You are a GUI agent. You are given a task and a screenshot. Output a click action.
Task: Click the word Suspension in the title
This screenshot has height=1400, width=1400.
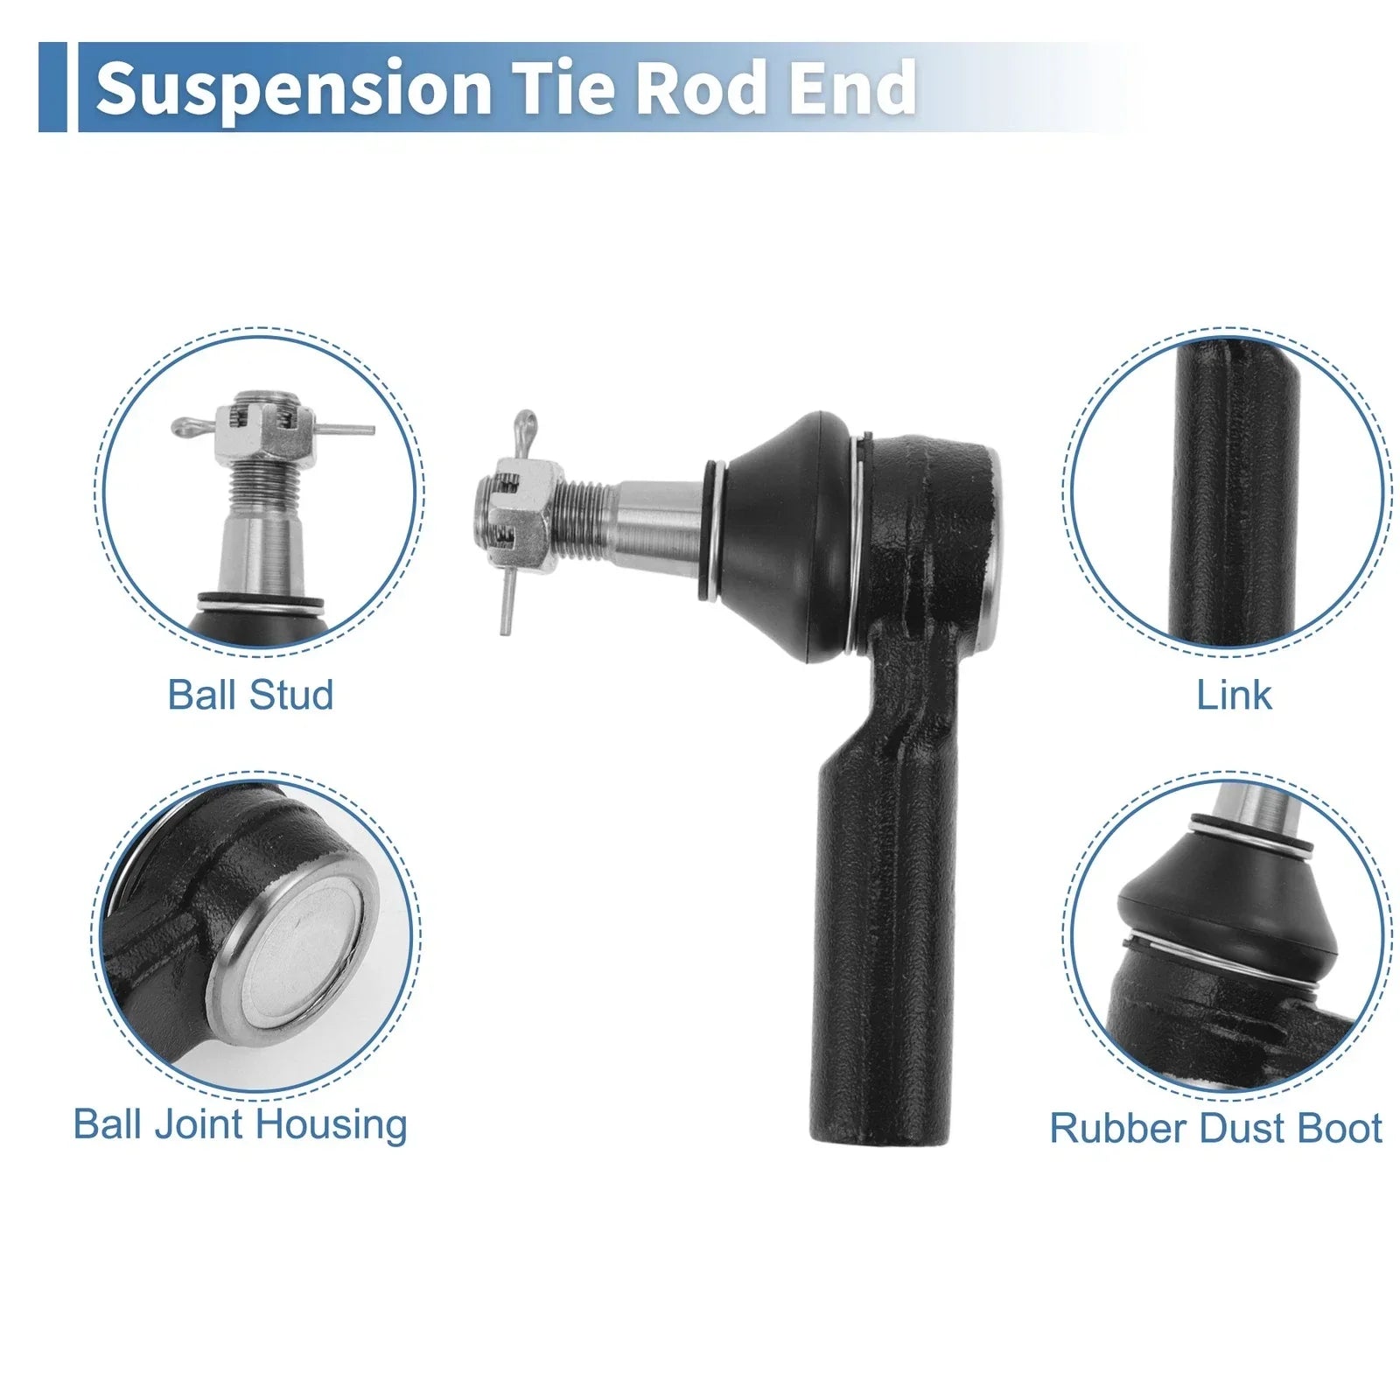(294, 89)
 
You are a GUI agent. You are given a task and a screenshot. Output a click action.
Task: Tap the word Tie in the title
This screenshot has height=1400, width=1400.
(560, 87)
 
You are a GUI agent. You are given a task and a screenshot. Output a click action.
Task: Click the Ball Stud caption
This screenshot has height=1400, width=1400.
(250, 695)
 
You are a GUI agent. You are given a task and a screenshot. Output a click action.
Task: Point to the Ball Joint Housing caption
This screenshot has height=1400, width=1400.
(241, 1124)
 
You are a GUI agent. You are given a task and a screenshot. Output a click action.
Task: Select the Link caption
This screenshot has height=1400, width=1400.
(1234, 695)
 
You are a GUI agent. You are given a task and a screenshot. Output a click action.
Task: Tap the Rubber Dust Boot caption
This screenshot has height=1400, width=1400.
(1216, 1128)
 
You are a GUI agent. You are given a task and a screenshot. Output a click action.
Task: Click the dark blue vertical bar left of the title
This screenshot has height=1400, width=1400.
(52, 87)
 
